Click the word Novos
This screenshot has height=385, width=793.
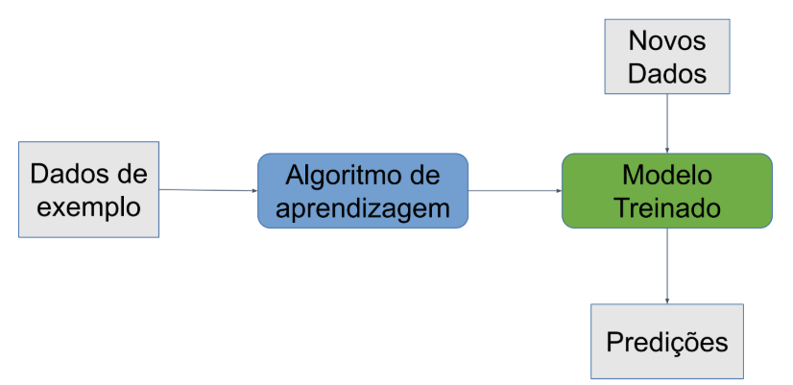click(667, 40)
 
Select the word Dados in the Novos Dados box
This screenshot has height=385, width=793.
click(667, 73)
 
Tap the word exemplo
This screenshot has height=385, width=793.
click(88, 208)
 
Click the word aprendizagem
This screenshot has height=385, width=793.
click(363, 208)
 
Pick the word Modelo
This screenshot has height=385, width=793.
click(667, 175)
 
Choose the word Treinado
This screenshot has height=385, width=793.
click(667, 208)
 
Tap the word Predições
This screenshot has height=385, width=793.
click(667, 342)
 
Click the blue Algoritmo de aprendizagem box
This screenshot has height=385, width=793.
click(363, 191)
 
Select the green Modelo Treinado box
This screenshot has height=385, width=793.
click(667, 191)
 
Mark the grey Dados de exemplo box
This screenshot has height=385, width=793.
click(88, 189)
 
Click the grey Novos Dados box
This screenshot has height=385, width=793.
click(667, 57)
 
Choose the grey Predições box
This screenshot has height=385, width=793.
click(667, 341)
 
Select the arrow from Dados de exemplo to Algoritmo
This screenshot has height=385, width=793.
click(208, 190)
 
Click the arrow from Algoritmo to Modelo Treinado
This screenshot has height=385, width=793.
click(515, 191)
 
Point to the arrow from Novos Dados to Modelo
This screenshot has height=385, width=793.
click(667, 124)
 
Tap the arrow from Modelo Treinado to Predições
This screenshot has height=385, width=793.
click(667, 266)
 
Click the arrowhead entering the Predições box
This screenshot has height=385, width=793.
click(667, 301)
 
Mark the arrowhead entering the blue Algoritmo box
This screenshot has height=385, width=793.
click(255, 191)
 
